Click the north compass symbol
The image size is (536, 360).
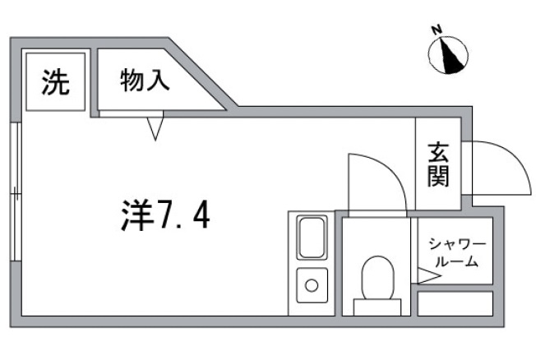[x=449, y=53]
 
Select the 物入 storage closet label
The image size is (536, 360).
[x=145, y=81]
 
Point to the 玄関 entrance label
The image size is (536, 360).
[x=437, y=164]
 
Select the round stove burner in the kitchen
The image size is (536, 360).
[x=312, y=286]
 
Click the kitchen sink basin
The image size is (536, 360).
[x=312, y=238]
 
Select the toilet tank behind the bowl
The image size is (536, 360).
[x=377, y=307]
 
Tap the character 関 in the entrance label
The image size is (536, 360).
[x=437, y=175]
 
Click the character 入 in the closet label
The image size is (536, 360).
[x=159, y=81]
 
